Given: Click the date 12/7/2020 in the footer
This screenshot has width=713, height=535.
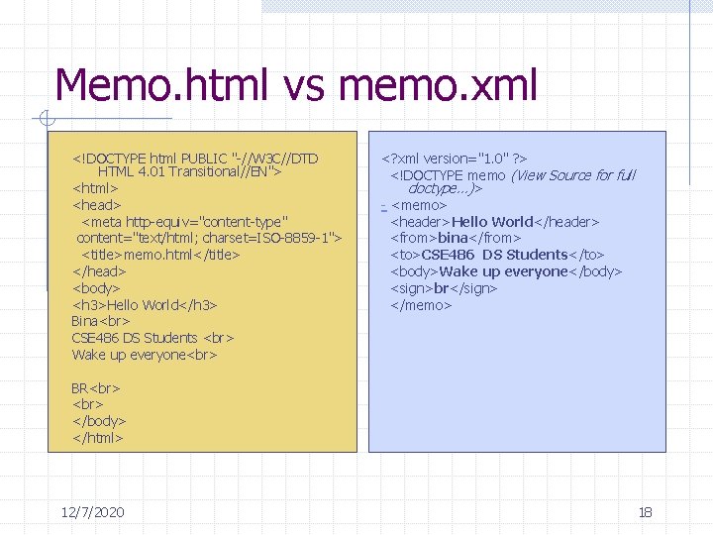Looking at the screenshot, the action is [x=92, y=512].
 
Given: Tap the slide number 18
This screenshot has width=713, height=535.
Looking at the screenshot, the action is [x=645, y=512].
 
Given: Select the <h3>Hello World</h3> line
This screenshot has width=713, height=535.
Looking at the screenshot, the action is [x=145, y=304].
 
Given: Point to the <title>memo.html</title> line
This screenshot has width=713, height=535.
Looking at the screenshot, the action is [x=160, y=255].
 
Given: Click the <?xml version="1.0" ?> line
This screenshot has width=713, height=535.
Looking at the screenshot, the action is [x=455, y=158].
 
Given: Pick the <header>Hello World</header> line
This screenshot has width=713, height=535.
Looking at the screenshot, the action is [x=495, y=222].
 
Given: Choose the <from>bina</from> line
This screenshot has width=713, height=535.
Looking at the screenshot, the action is [x=456, y=238].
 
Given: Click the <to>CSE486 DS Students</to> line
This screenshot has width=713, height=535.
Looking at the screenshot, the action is [x=497, y=255].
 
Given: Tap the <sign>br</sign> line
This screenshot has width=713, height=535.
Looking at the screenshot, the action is [x=444, y=288].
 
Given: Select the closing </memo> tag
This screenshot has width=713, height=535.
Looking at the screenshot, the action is [x=421, y=305].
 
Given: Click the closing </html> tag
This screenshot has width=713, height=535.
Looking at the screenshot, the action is [x=98, y=437].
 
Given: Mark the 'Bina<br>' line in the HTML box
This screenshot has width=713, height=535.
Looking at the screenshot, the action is [x=99, y=321].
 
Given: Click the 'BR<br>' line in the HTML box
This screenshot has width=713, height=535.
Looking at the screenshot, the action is [x=96, y=387].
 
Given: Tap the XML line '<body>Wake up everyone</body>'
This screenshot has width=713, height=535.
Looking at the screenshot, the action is [x=506, y=271].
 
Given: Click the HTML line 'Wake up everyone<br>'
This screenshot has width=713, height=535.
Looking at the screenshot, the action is [x=144, y=355].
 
